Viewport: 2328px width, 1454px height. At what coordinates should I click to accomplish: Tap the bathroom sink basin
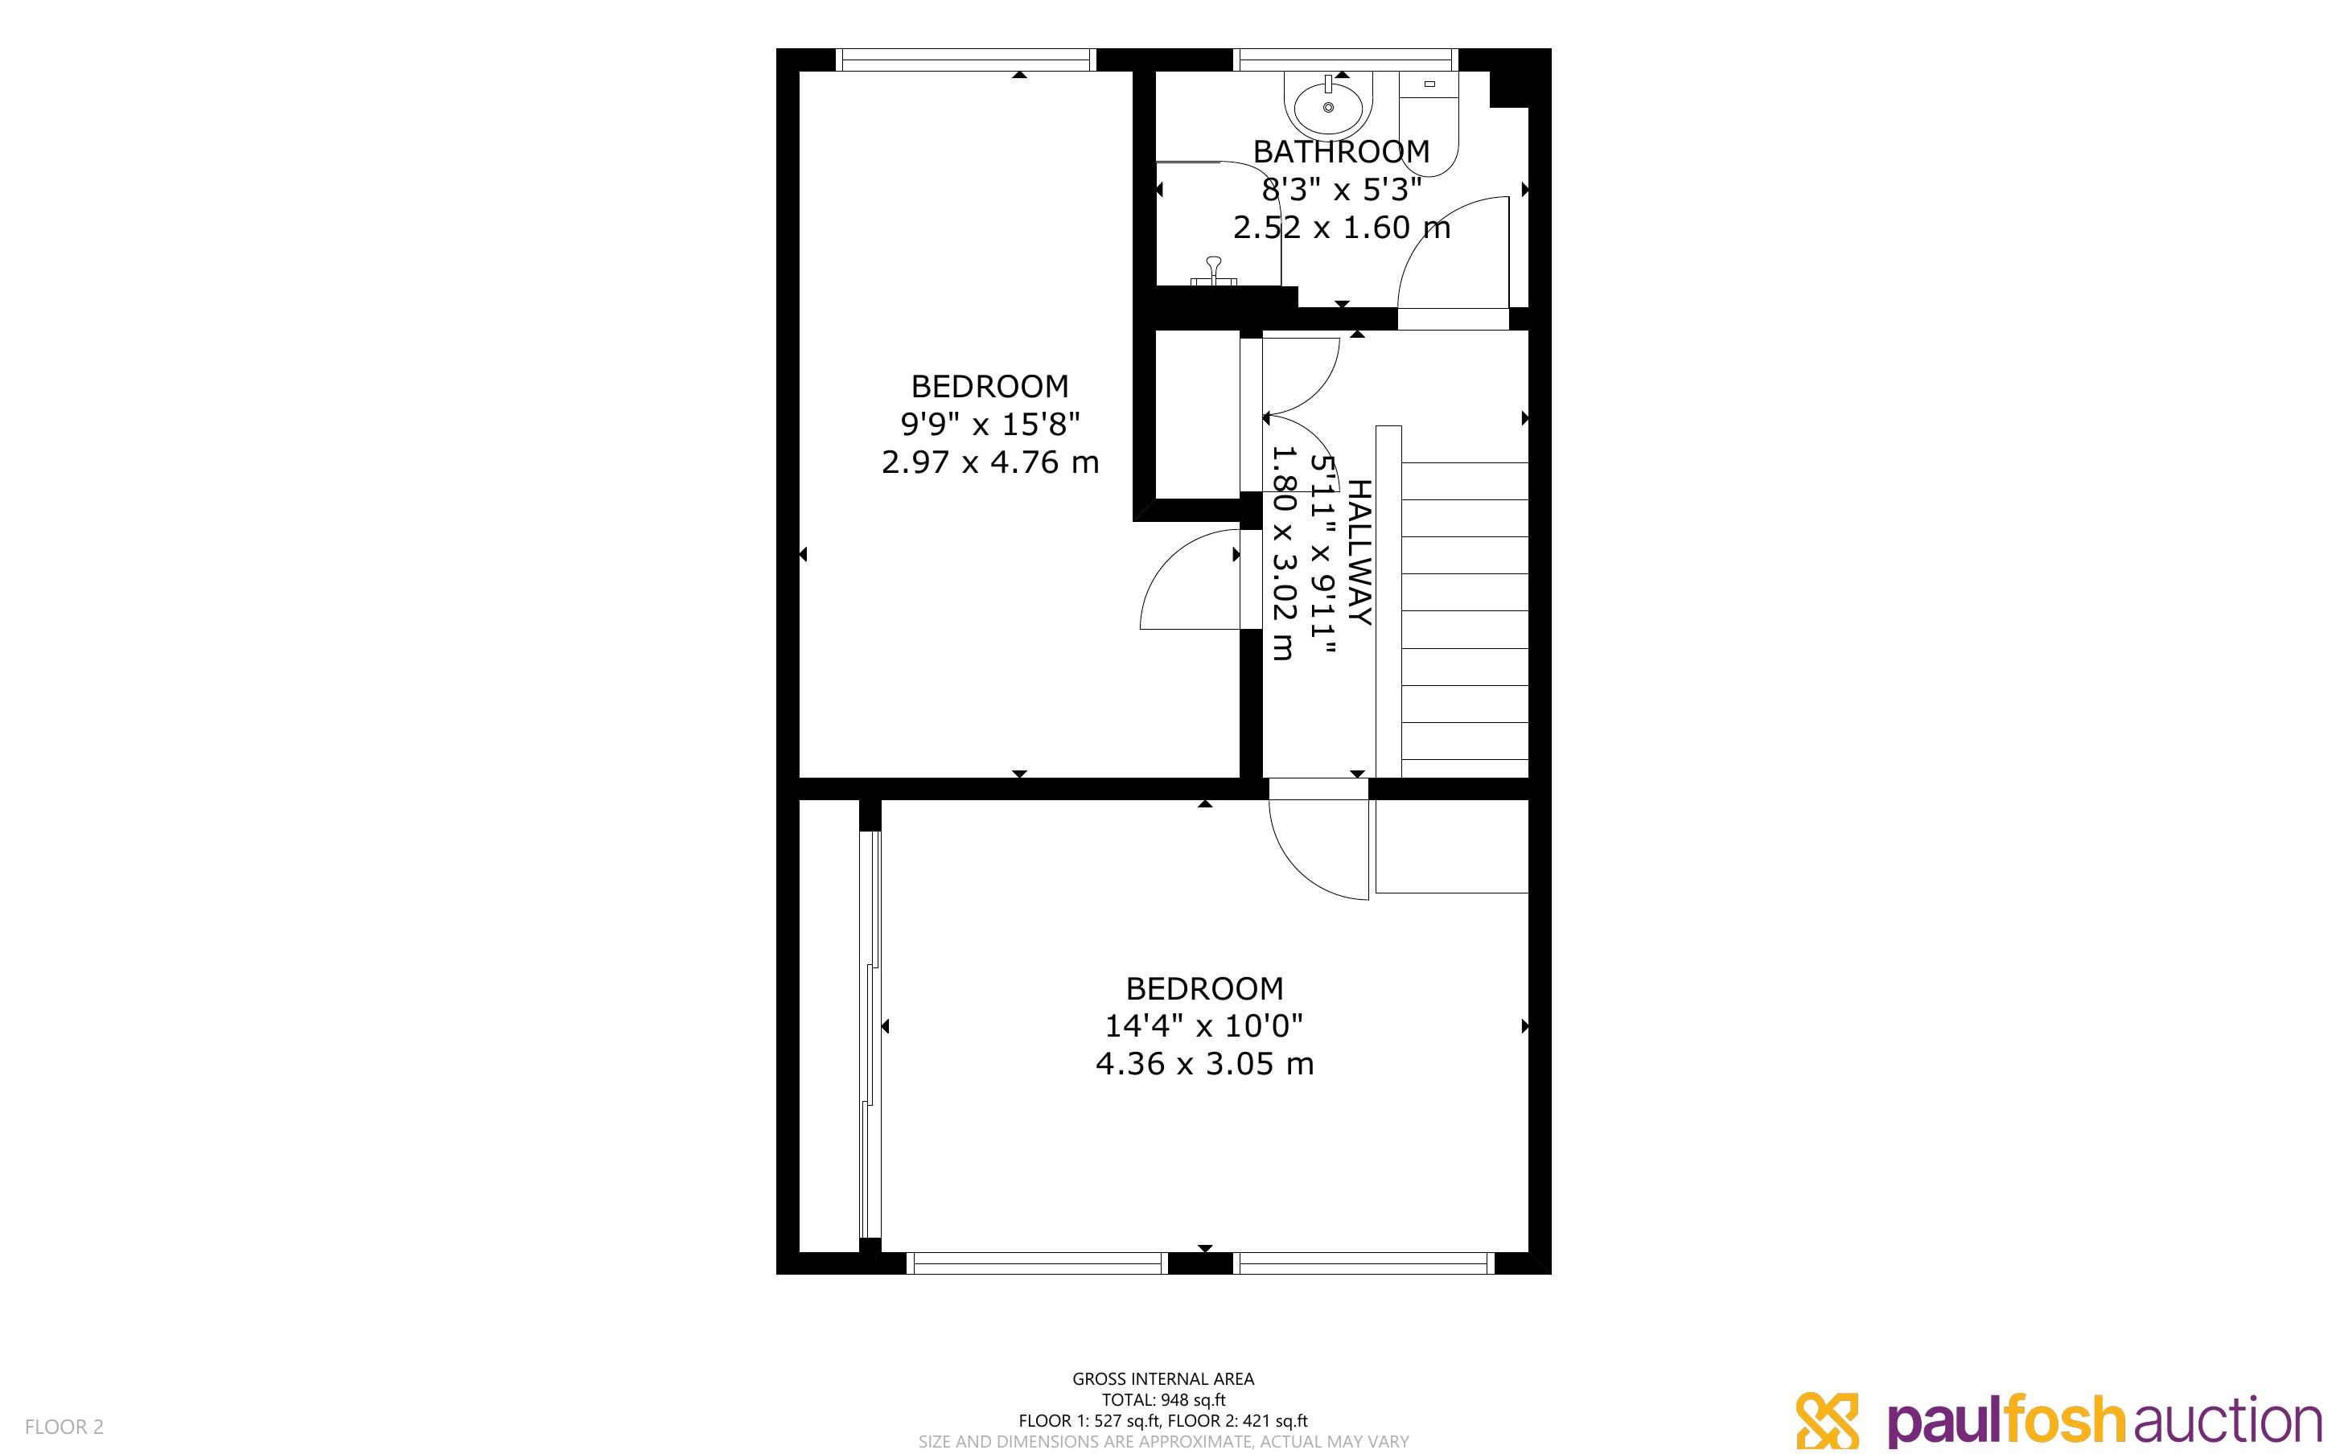1328,106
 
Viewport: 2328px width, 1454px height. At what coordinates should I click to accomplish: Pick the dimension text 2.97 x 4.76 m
989,462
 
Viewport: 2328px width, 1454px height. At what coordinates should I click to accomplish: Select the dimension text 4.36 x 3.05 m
1204,1065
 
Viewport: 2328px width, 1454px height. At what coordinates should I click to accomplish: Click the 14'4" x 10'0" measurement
1204,1026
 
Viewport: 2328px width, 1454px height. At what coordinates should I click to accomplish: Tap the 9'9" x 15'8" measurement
989,423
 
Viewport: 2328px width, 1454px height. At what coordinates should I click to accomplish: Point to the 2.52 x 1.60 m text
1342,228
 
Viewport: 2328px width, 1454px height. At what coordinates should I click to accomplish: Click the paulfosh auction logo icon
1827,1420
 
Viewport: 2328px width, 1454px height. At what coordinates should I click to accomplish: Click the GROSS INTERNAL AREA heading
1163,1379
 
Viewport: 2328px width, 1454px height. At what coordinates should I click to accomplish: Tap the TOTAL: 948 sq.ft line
1163,1400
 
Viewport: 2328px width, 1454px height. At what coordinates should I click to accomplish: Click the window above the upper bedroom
965,60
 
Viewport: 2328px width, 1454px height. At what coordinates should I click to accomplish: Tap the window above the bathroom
1347,60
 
